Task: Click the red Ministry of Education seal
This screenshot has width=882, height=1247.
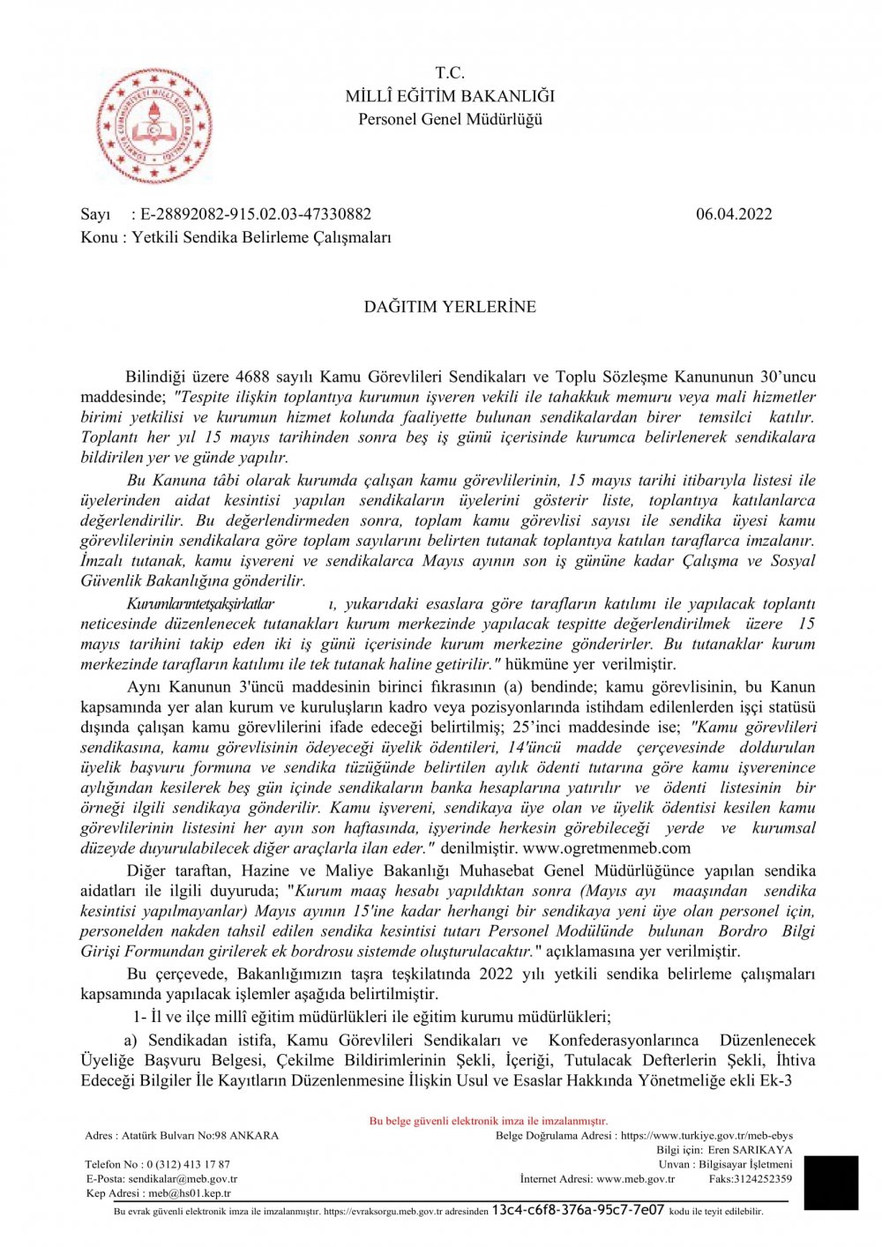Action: click(x=154, y=124)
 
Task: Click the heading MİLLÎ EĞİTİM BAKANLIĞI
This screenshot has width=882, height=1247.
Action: click(x=450, y=96)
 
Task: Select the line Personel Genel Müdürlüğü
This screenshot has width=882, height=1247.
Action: click(x=450, y=119)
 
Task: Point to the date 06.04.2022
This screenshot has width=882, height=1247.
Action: click(x=734, y=214)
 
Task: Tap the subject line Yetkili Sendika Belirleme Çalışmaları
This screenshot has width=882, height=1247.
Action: click(x=261, y=237)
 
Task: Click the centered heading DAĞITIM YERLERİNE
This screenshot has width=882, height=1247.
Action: click(x=450, y=307)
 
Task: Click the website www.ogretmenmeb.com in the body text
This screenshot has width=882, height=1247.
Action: click(x=607, y=848)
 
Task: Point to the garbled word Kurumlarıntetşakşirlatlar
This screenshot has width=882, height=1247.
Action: click(x=200, y=604)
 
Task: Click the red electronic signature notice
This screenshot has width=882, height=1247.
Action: click(x=488, y=1121)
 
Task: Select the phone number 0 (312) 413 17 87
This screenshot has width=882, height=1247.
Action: click(x=188, y=1164)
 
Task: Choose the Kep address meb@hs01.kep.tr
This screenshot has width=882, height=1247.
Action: click(x=190, y=1193)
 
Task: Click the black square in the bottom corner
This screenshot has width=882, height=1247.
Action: click(x=831, y=1183)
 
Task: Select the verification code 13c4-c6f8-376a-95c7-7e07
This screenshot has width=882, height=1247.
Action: click(x=578, y=1210)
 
